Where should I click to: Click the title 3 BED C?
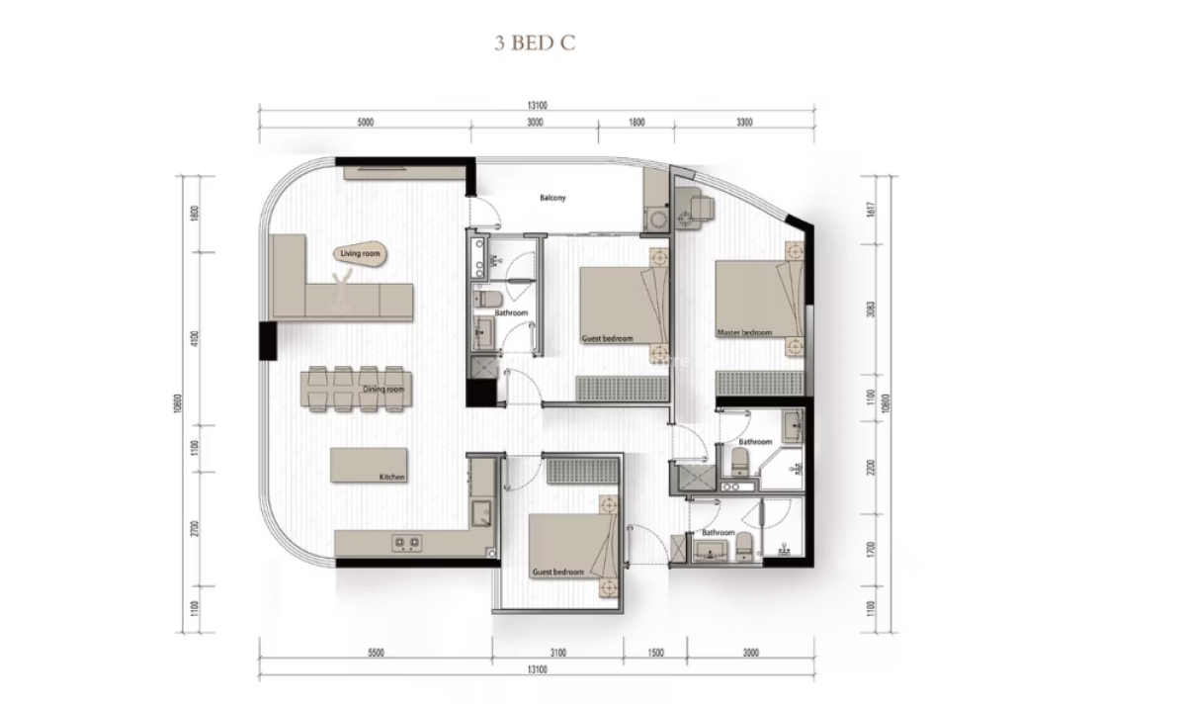534,44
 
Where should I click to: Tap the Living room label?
360,254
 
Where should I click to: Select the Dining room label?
382,389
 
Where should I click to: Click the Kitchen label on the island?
392,478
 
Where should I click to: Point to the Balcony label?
552,199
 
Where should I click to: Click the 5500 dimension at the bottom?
375,653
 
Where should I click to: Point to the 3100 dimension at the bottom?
557,653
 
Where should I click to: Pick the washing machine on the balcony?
654,219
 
